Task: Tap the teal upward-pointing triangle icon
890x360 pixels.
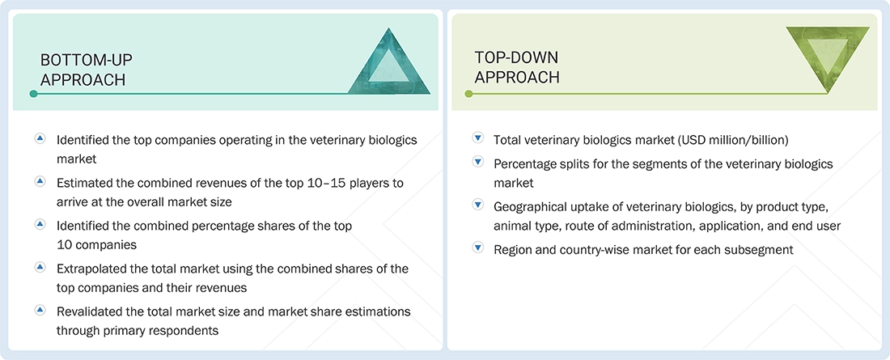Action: click(389, 63)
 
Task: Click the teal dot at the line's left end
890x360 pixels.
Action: click(33, 94)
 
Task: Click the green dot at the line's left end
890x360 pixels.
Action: click(468, 94)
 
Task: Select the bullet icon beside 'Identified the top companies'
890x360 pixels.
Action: click(39, 139)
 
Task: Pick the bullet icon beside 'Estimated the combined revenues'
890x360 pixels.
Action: click(39, 181)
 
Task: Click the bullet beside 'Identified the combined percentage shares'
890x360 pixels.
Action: click(39, 224)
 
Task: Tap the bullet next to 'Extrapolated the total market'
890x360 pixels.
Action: click(39, 267)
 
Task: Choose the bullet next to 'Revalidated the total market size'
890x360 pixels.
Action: click(39, 310)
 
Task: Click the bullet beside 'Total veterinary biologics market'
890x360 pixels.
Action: click(477, 139)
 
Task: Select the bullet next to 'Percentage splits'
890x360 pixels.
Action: click(477, 163)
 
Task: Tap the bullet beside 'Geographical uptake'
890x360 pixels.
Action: click(477, 205)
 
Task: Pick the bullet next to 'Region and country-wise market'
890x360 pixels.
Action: click(477, 248)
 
